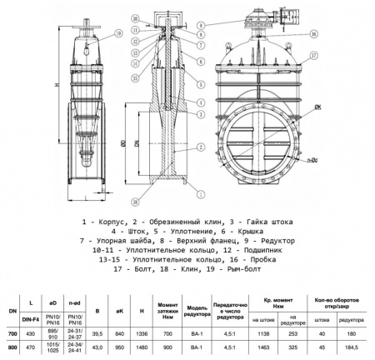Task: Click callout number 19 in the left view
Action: coord(118,33)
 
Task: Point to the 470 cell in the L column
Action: coord(32,347)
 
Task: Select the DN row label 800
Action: coord(11,347)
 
